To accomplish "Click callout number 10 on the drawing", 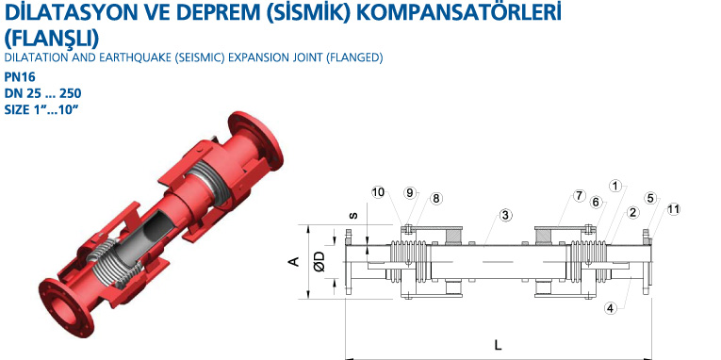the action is point(378,192).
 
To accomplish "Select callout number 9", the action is point(410,192).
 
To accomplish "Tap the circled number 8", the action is point(435,198).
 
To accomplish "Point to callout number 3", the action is point(505,215).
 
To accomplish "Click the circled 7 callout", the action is point(579,196).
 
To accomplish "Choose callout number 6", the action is point(597,203).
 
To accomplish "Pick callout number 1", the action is point(615,186).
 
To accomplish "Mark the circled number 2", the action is point(633,212).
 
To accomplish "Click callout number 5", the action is point(649,198).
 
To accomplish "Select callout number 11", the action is point(673,209).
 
